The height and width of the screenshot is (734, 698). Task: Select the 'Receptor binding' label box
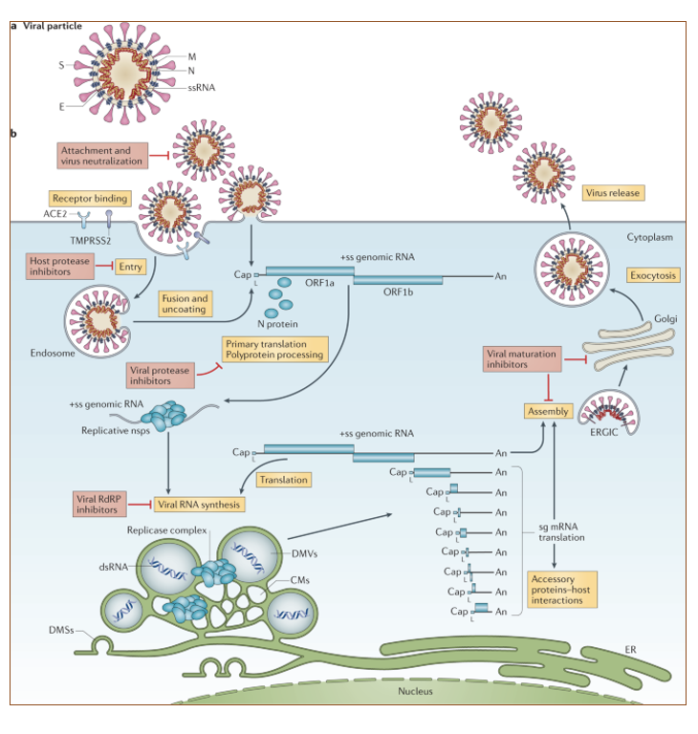tap(89, 199)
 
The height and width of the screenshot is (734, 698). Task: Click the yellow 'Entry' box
tap(130, 267)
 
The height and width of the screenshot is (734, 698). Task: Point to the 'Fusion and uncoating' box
tap(185, 304)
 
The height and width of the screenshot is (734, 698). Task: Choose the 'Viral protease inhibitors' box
tap(159, 375)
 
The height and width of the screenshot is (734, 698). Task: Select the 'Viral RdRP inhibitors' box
tap(100, 504)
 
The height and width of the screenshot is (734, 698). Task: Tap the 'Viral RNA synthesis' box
tap(200, 504)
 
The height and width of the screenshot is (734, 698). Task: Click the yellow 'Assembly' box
tap(549, 411)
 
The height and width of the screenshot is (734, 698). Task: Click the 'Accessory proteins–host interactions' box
tap(562, 590)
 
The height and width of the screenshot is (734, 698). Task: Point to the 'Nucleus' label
tap(416, 690)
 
